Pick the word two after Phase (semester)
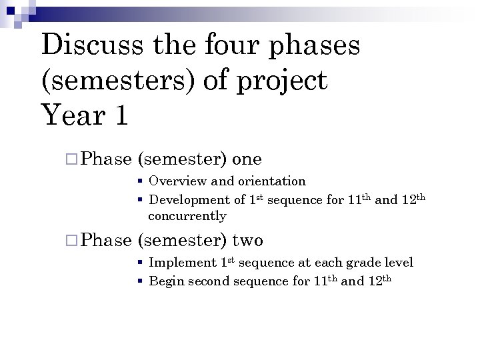pyautogui.click(x=247, y=241)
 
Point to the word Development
pyautogui.click(x=189, y=199)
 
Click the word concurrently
pyautogui.click(x=187, y=216)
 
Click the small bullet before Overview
pyautogui.click(x=141, y=181)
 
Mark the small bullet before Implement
pyautogui.click(x=141, y=263)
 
